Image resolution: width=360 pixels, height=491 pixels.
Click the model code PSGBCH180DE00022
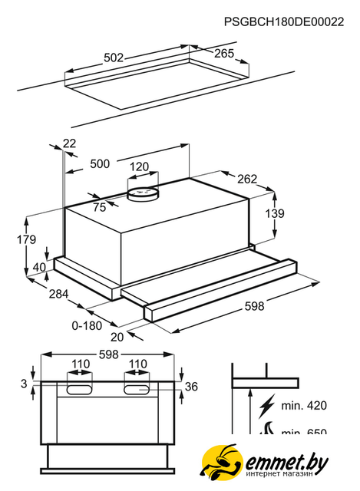click(284, 21)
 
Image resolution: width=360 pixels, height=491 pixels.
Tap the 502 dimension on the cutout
click(114, 58)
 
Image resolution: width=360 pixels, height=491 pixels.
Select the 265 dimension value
click(224, 54)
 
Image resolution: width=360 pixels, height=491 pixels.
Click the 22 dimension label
click(69, 143)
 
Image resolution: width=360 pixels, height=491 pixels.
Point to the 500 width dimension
click(100, 163)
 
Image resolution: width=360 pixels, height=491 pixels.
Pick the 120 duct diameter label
click(139, 166)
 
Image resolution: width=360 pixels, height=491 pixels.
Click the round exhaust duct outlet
click(143, 193)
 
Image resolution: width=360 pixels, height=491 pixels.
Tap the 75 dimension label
click(100, 207)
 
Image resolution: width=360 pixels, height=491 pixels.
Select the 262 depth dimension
click(247, 179)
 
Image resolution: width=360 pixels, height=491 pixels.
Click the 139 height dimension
click(275, 213)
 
